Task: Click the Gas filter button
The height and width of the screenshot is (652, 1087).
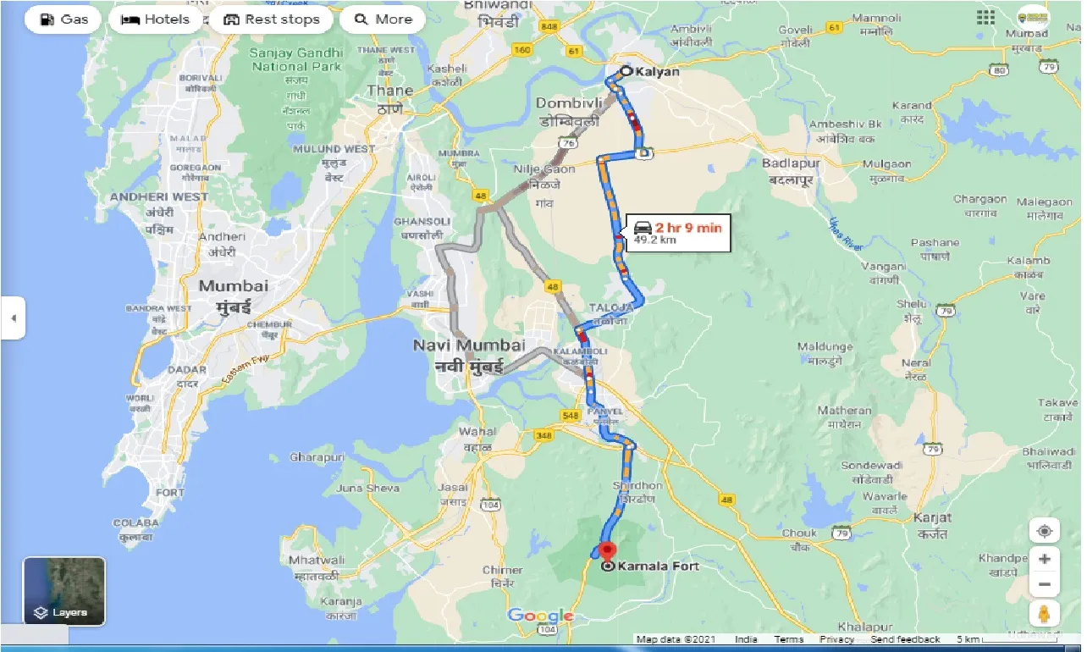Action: (63, 19)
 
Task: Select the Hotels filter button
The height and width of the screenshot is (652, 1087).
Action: (156, 19)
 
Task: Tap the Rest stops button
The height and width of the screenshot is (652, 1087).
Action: (272, 19)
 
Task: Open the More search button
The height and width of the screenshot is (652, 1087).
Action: (383, 19)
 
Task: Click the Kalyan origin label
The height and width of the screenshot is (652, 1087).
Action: (658, 72)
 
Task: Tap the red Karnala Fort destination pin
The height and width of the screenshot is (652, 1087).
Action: (607, 550)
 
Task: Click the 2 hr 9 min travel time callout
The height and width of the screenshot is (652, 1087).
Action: (677, 231)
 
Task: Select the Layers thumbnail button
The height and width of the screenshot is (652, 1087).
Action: (64, 591)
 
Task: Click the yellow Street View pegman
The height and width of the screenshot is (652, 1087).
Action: (1045, 613)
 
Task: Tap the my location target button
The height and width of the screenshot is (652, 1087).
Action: (1045, 531)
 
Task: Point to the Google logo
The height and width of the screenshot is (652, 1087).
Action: (541, 616)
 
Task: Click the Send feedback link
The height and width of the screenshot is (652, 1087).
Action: (905, 640)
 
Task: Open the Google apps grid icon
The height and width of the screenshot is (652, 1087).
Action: (985, 18)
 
